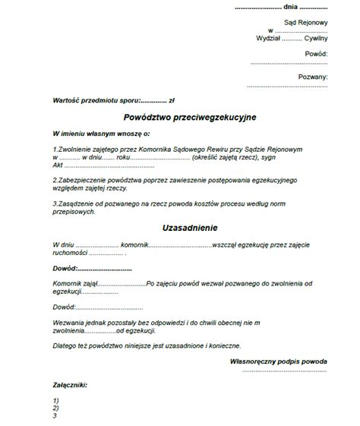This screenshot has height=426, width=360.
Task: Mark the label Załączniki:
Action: (70, 385)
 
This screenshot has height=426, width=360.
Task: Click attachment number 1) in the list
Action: (57, 400)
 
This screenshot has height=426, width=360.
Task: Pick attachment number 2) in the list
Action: (57, 408)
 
